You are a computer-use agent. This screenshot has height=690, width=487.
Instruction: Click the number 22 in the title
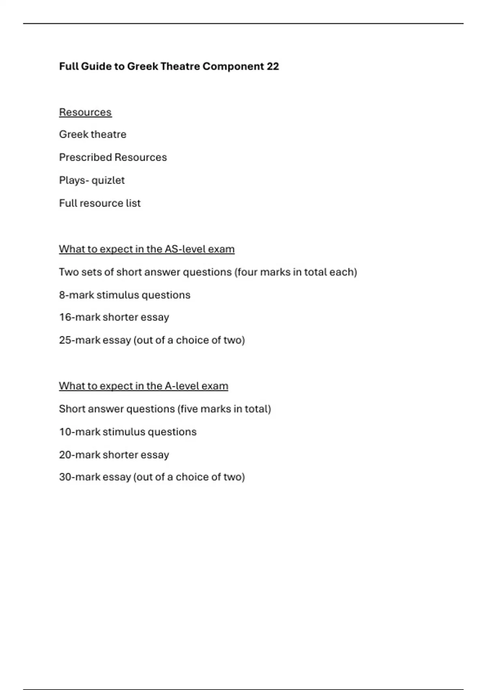[x=273, y=66]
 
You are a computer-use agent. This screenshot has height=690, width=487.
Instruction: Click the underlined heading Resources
[x=85, y=112]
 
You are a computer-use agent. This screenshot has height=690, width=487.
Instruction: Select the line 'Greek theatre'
[x=93, y=134]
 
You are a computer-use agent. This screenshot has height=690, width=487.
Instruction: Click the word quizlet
[x=108, y=180]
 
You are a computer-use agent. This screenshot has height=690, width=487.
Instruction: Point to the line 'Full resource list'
[x=100, y=203]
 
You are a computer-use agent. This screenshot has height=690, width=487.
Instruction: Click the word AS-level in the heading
[x=179, y=249]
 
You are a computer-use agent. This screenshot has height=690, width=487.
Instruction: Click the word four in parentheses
[x=247, y=272]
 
